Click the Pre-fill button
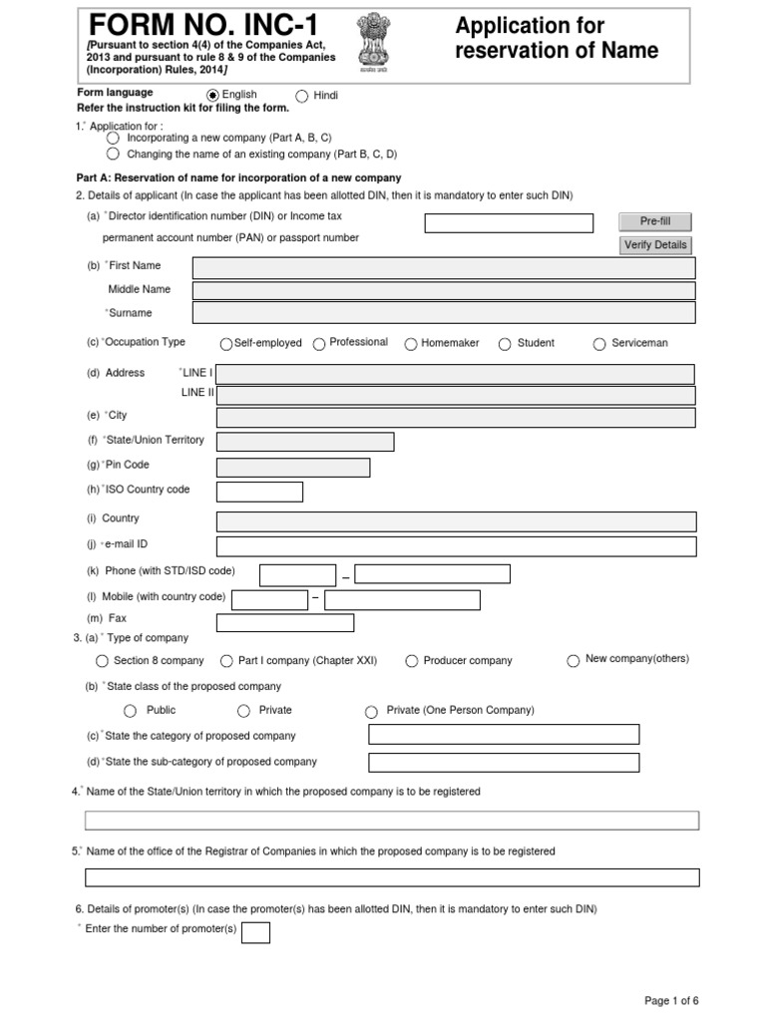pyautogui.click(x=654, y=221)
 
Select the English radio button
pyautogui.click(x=212, y=96)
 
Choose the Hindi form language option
pyautogui.click(x=302, y=97)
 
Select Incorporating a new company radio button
pyautogui.click(x=113, y=139)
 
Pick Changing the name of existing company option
pyautogui.click(x=113, y=155)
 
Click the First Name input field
pyautogui.click(x=443, y=267)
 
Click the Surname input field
pyautogui.click(x=443, y=313)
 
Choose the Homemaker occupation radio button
pyautogui.click(x=411, y=344)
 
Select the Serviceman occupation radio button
pyautogui.click(x=599, y=344)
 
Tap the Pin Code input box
pyautogui.click(x=292, y=467)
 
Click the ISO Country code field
pyautogui.click(x=259, y=492)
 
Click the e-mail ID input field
pyautogui.click(x=456, y=546)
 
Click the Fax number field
pyautogui.click(x=284, y=623)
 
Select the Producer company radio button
pyautogui.click(x=412, y=661)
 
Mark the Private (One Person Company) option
pyautogui.click(x=372, y=712)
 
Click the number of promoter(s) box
pyautogui.click(x=256, y=932)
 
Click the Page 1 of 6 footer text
pyautogui.click(x=671, y=1000)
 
